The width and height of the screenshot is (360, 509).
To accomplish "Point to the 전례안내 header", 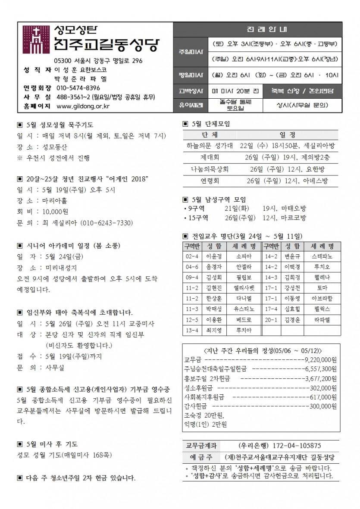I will coord(257,30).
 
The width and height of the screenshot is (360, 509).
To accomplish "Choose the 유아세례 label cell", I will coord(190,105).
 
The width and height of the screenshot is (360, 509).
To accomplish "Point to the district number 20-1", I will coord(271,320).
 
